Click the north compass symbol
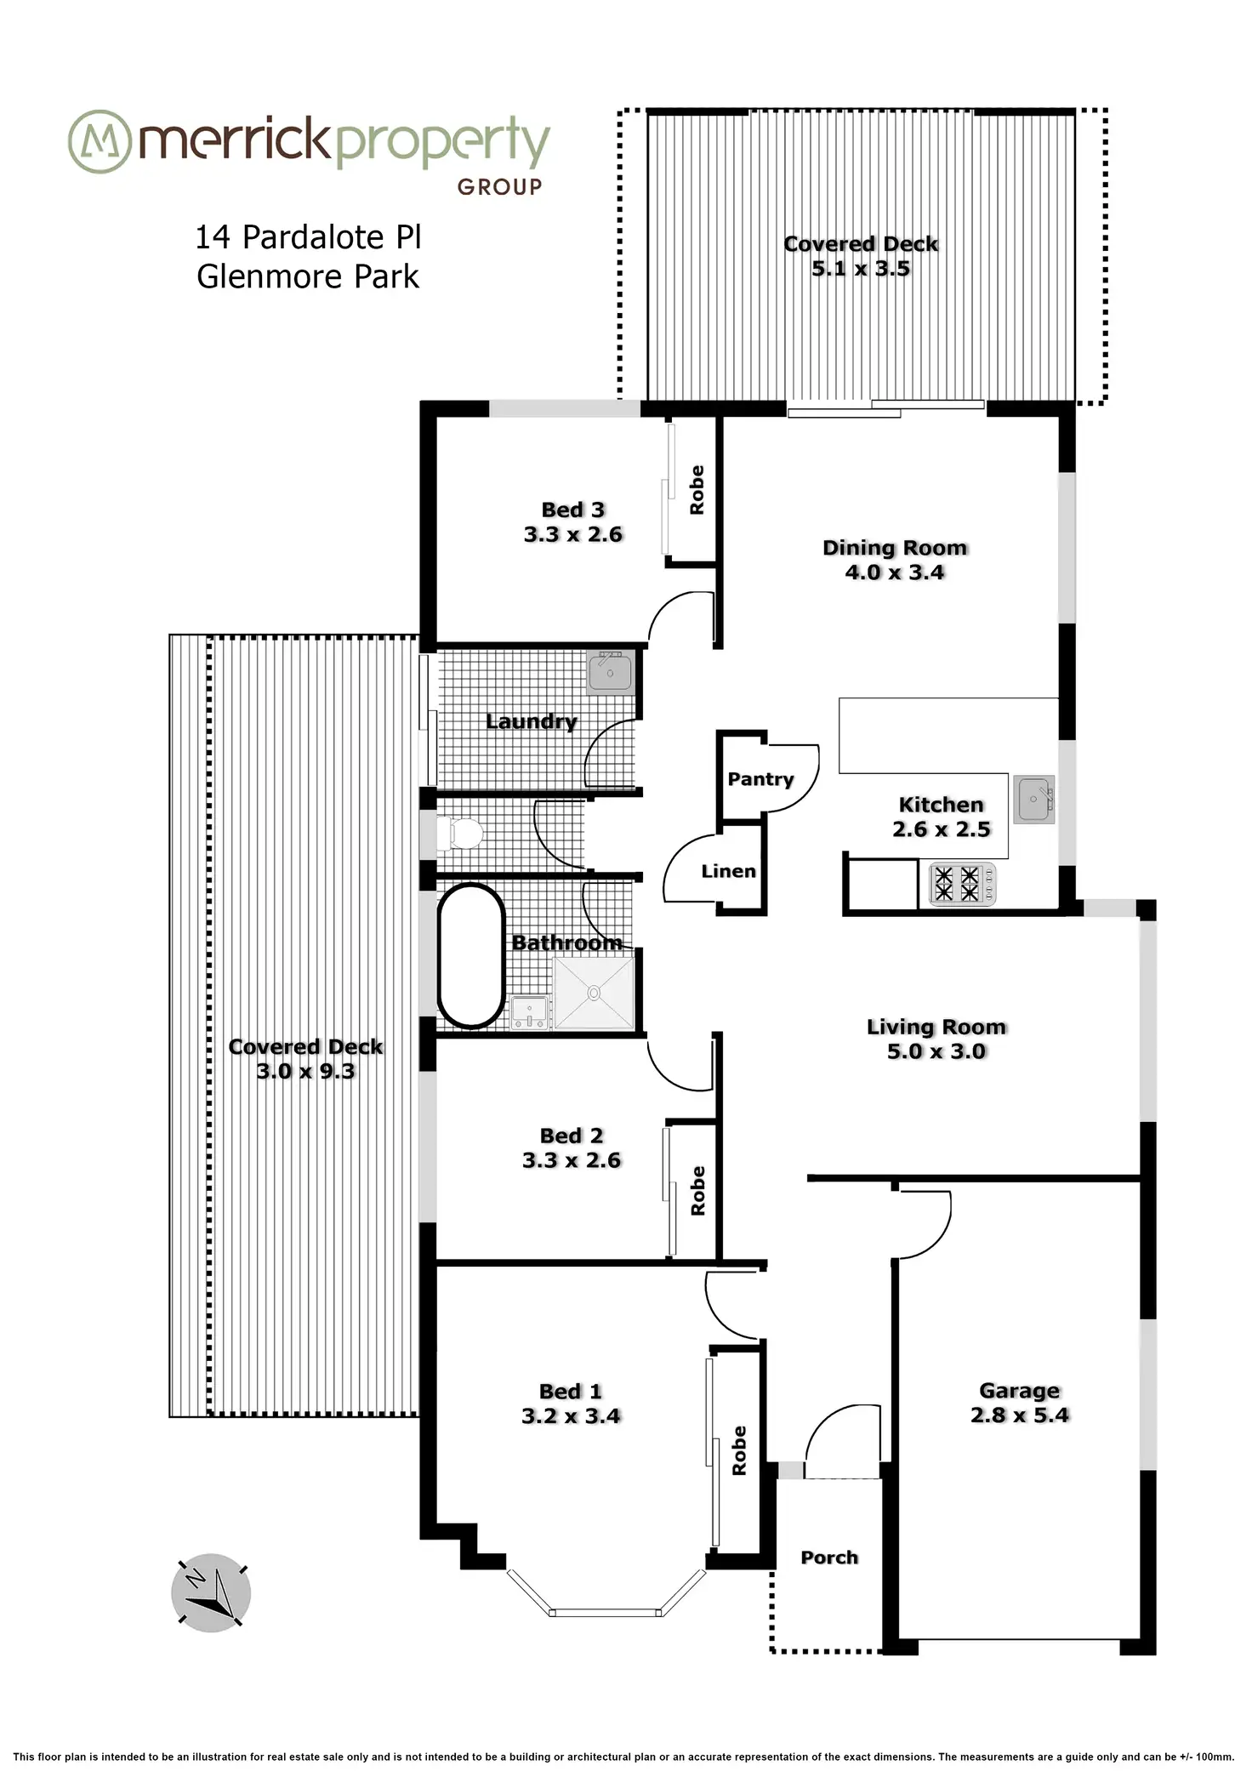211,1592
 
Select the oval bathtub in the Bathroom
470,956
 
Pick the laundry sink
611,673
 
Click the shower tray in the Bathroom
594,993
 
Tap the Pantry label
760,779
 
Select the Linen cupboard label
728,871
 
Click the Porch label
829,1557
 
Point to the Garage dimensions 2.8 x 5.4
1019,1415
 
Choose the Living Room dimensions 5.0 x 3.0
936,1051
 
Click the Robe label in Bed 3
697,490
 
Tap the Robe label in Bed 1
738,1450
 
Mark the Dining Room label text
895,548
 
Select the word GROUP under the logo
499,186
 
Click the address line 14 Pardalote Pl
308,237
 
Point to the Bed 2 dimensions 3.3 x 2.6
572,1160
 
